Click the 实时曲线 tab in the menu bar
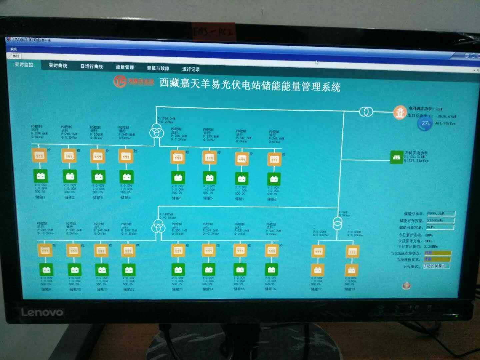point(58,65)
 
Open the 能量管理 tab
point(125,67)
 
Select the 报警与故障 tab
point(158,68)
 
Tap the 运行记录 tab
point(191,69)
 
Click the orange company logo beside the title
point(120,81)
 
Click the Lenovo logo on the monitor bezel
point(42,312)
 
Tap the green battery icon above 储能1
point(40,175)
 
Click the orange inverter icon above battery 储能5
point(178,157)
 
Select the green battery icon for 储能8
point(274,179)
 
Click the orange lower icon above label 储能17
point(318,270)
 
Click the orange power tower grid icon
point(399,113)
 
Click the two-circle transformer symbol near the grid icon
point(366,112)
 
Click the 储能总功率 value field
point(441,214)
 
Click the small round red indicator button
point(406,285)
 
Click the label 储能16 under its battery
point(270,289)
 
